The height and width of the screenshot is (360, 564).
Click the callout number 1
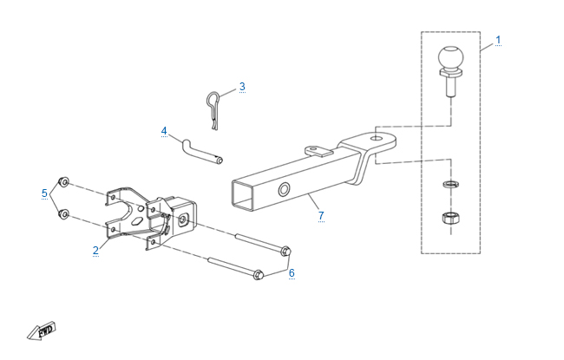click(498, 40)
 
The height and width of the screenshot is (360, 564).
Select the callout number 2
click(95, 251)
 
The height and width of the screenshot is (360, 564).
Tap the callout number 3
click(242, 87)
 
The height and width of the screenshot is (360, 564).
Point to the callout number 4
click(164, 131)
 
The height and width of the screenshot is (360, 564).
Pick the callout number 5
click(44, 193)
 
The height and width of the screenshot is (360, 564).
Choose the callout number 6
click(292, 273)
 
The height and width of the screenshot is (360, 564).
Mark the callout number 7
click(321, 216)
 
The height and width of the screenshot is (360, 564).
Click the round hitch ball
click(450, 57)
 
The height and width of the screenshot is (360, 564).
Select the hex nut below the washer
click(450, 218)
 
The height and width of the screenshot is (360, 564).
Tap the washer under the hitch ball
click(450, 185)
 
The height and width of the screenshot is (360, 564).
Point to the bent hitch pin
click(202, 152)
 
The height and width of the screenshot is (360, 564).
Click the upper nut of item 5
click(63, 182)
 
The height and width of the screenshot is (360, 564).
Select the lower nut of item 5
click(63, 214)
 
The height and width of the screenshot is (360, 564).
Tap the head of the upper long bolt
click(285, 251)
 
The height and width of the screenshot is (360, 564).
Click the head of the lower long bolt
click(258, 275)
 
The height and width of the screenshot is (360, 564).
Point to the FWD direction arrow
click(42, 331)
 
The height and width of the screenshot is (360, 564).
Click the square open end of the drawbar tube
click(243, 195)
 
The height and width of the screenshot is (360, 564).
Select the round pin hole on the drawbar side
click(284, 189)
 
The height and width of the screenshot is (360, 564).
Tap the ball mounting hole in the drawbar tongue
click(377, 138)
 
